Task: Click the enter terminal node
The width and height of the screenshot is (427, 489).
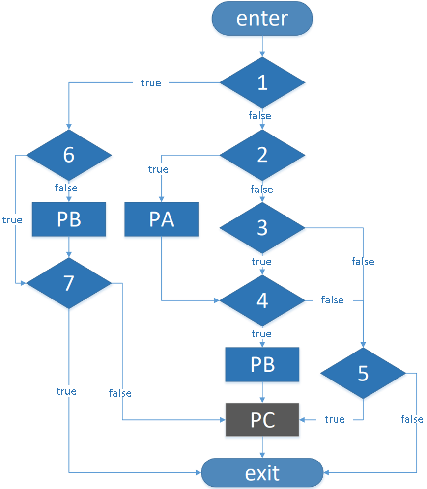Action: click(x=262, y=19)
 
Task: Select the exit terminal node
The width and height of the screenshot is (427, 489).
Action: click(x=262, y=472)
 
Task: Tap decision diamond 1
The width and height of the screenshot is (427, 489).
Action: click(x=262, y=82)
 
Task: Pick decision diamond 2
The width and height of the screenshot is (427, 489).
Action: click(x=262, y=155)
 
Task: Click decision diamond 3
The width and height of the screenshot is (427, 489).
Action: click(x=262, y=228)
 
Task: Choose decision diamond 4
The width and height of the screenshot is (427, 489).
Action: click(x=262, y=300)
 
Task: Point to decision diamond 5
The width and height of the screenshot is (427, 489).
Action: click(x=363, y=373)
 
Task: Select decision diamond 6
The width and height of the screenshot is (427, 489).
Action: click(x=69, y=155)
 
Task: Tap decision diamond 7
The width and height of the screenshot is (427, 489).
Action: click(x=69, y=283)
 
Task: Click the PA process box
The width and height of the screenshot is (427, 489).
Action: click(x=161, y=219)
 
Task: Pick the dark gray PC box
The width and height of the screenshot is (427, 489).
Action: click(x=262, y=420)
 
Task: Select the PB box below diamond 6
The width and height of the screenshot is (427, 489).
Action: click(x=69, y=219)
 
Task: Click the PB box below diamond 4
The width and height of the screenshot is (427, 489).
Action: click(x=262, y=365)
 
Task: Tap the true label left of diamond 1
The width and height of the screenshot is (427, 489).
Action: click(x=151, y=83)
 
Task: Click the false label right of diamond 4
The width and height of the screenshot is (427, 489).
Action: click(x=333, y=300)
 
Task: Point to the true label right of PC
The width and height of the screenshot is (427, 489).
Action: click(x=335, y=419)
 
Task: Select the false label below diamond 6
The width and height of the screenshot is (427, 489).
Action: click(x=66, y=188)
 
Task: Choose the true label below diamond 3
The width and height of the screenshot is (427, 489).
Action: click(x=261, y=262)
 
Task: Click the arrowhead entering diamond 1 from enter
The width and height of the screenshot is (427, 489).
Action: click(x=262, y=54)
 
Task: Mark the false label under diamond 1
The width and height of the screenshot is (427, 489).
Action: click(x=260, y=116)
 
